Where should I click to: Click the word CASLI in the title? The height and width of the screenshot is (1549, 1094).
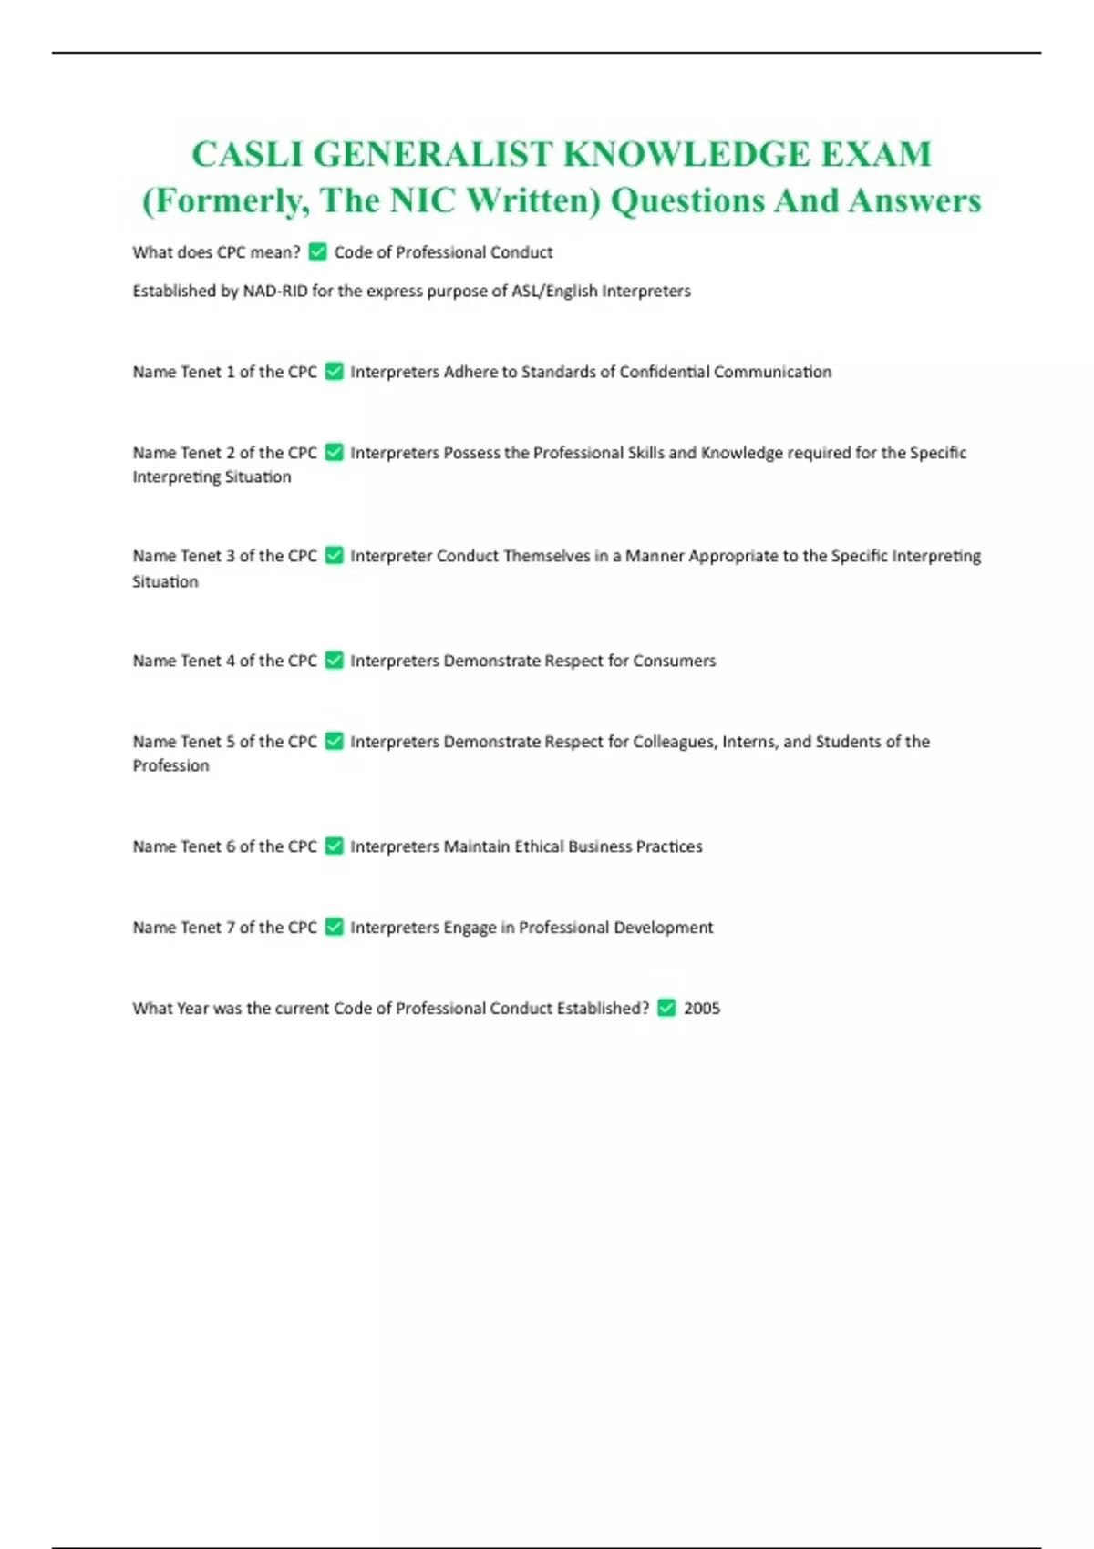pos(246,154)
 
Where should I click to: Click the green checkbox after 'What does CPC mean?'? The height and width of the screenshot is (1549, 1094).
pos(317,251)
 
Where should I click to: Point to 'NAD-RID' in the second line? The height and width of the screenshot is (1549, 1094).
pos(274,291)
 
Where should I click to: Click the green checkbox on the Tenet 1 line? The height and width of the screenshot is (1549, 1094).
pos(335,372)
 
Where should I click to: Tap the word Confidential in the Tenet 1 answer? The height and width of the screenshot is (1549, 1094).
pos(664,372)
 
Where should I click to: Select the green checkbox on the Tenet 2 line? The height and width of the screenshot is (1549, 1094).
pos(335,453)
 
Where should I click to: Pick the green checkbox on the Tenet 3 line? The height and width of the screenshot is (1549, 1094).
pos(335,556)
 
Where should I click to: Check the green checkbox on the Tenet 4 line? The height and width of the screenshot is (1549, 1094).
pos(335,661)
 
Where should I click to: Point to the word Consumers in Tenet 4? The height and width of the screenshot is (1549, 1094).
pos(674,661)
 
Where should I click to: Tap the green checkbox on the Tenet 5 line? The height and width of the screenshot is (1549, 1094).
pos(335,742)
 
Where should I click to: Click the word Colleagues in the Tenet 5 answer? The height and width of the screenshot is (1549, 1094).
pos(674,742)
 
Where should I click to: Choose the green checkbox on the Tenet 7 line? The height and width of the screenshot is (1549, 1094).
pos(335,928)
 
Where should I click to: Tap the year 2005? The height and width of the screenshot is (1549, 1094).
pos(702,1009)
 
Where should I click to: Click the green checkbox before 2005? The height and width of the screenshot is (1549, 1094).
pos(666,1008)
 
